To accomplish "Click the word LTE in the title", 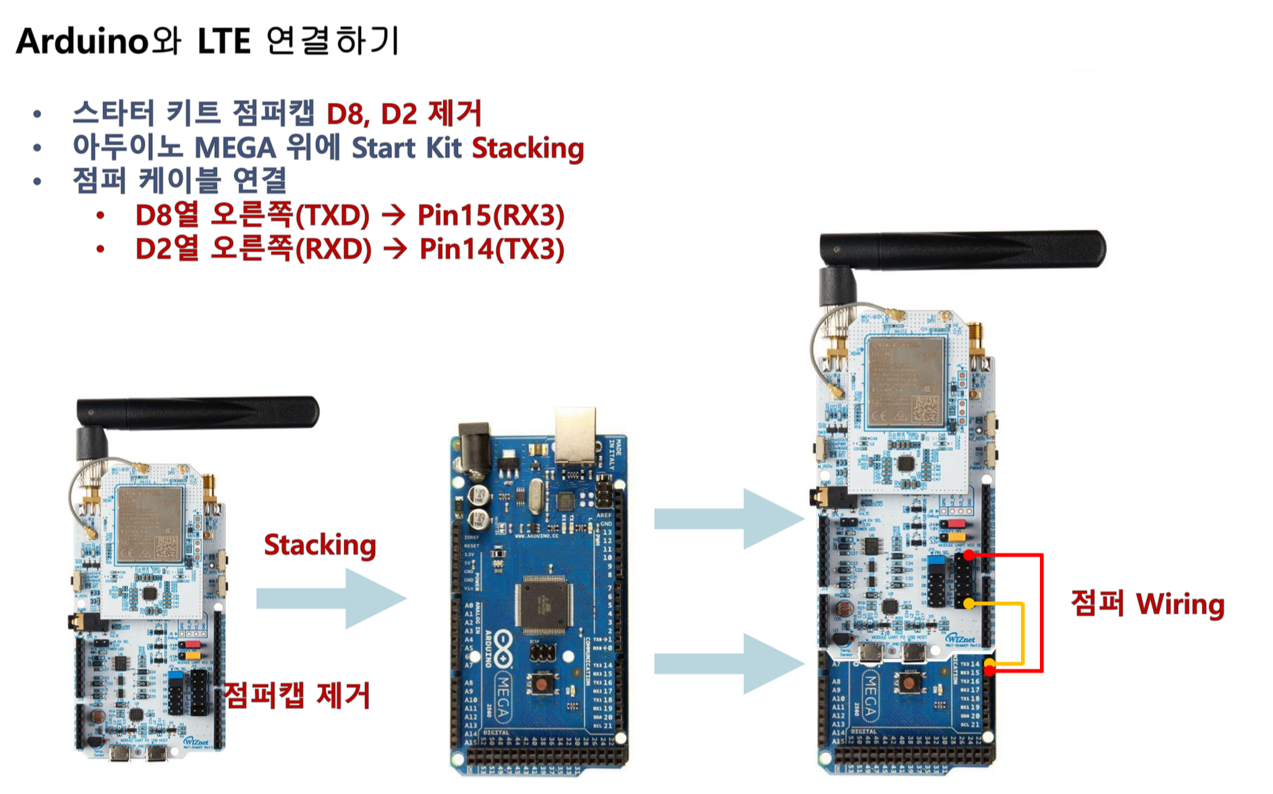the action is (224, 42).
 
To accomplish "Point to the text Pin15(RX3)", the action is (490, 215).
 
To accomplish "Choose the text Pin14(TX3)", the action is (491, 249).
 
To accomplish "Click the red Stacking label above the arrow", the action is (319, 545).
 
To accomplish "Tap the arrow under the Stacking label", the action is (331, 598).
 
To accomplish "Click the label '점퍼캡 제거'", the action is (296, 695).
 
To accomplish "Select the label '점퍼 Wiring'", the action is (1147, 603).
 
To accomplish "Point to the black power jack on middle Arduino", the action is (474, 445).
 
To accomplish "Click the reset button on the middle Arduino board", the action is (542, 685).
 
